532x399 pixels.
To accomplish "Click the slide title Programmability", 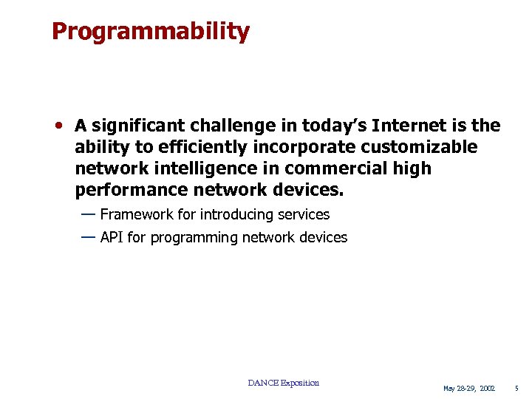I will click(151, 32).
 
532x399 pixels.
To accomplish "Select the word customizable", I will click(419, 148).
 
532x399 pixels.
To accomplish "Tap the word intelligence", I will click(191, 168).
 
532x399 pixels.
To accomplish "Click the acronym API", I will click(112, 237).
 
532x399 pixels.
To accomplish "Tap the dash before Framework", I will click(88, 214).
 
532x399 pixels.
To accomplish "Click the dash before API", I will click(88, 236).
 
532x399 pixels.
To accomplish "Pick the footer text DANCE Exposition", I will click(283, 383).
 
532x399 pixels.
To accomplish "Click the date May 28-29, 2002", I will click(468, 389).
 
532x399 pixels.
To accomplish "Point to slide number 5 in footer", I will click(517, 389).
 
